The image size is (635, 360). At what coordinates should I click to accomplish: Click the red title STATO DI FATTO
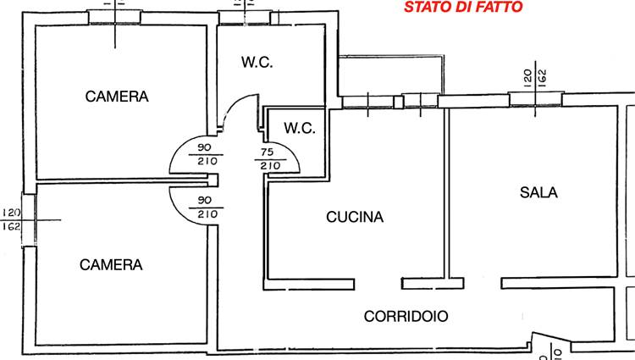click(x=463, y=8)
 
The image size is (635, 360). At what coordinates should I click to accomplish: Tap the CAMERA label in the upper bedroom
click(x=117, y=97)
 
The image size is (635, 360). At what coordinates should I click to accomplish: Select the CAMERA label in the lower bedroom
click(x=111, y=265)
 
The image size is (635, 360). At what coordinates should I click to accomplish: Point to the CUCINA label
click(x=355, y=217)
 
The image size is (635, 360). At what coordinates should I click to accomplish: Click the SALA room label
click(x=538, y=192)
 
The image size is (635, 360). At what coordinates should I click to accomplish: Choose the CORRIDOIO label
click(x=406, y=317)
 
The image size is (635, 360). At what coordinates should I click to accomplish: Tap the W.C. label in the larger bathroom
click(x=257, y=62)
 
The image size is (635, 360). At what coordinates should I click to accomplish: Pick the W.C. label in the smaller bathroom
click(x=300, y=129)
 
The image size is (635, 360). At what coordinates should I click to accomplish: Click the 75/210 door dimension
click(x=270, y=160)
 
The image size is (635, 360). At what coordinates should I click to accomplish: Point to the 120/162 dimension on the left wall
click(x=11, y=219)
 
